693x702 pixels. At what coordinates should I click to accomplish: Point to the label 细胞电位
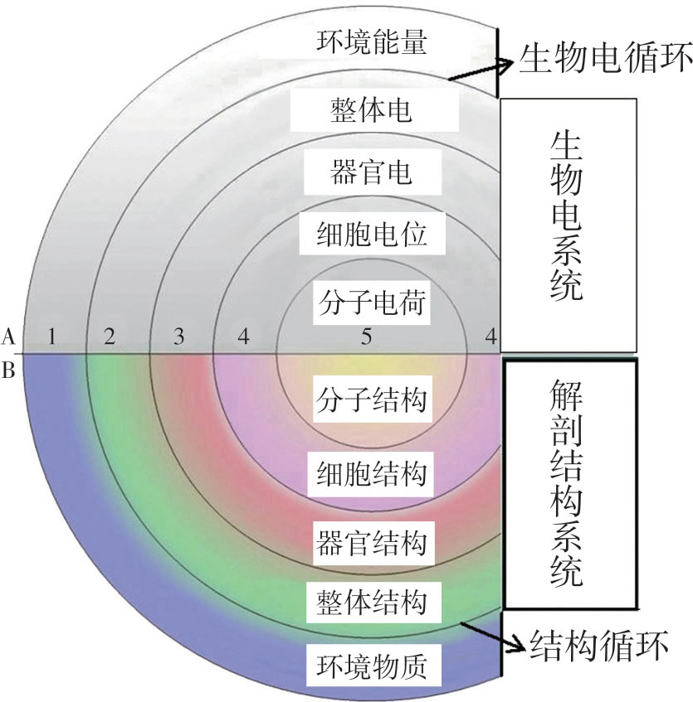(372, 237)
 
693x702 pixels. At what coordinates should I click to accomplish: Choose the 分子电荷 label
(372, 303)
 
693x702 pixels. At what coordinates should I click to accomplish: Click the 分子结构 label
(372, 402)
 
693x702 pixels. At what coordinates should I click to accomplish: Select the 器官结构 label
(372, 544)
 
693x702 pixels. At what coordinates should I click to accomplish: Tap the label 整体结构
(372, 601)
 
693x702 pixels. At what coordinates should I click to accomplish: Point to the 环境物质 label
(372, 666)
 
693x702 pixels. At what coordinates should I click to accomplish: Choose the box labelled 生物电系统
(568, 224)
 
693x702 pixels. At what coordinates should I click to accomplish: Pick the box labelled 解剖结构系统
(569, 483)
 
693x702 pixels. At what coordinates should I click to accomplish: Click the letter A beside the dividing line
(9, 336)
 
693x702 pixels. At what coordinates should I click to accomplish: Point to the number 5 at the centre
(366, 336)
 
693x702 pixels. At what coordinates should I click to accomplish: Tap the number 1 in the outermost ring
(52, 336)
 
